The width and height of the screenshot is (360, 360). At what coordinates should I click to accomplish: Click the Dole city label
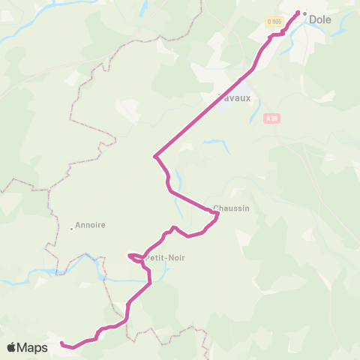click(x=320, y=20)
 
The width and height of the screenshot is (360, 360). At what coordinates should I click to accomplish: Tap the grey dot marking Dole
click(x=304, y=13)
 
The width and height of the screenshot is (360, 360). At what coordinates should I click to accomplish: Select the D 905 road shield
click(x=274, y=21)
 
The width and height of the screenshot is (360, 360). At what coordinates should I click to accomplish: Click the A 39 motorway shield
click(x=271, y=117)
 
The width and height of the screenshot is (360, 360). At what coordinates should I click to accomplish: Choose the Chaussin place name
click(x=231, y=208)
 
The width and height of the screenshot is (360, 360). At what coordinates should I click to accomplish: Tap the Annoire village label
click(x=90, y=224)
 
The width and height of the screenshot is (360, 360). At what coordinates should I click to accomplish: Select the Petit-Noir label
click(x=165, y=258)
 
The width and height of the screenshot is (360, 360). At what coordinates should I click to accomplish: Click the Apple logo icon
click(x=12, y=347)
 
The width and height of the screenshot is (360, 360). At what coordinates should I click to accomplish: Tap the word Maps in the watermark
click(x=34, y=347)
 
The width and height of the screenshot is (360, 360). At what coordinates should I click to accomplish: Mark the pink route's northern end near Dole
click(x=298, y=12)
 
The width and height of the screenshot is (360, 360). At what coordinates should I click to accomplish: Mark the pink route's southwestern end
click(x=61, y=344)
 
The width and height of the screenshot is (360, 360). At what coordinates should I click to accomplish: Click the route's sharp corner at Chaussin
click(x=217, y=214)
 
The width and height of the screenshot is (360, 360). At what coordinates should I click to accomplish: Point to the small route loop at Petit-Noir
click(x=135, y=258)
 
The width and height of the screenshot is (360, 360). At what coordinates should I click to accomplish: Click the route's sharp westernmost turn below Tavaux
click(x=154, y=156)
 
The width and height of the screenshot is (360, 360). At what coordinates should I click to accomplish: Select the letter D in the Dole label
click(x=312, y=20)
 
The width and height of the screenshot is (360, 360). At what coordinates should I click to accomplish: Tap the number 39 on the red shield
click(x=274, y=117)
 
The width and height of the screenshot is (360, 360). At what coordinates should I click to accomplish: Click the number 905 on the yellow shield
click(x=277, y=21)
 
